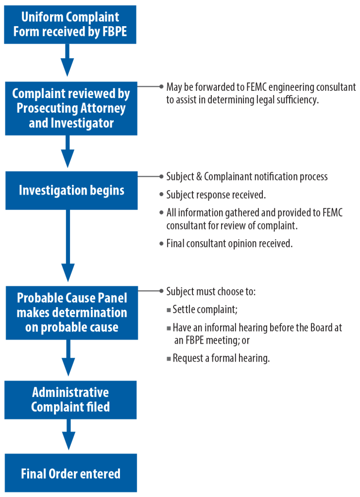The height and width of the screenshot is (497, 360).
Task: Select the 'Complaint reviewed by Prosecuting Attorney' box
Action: click(71, 108)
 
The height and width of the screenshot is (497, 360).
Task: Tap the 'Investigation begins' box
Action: click(71, 190)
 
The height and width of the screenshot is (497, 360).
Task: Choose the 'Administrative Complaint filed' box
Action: click(70, 399)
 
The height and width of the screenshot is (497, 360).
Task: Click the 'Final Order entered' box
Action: click(70, 473)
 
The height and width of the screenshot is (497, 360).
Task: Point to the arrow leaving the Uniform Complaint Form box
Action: click(68, 60)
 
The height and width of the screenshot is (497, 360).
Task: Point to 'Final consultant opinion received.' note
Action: click(229, 244)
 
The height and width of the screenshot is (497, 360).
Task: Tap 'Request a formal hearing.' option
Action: click(221, 359)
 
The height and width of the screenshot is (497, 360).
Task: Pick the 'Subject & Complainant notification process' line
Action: click(247, 177)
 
